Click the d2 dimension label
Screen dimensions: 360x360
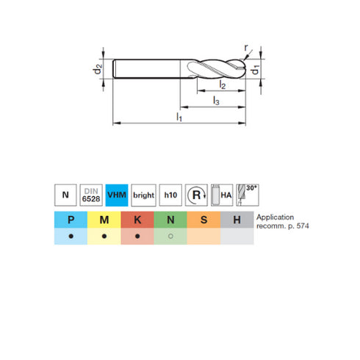(x=97, y=72)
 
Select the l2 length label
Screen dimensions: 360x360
(x=221, y=87)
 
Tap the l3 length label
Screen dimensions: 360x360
(x=216, y=101)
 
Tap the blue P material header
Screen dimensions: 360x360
(x=70, y=220)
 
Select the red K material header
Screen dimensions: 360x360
(x=137, y=220)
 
